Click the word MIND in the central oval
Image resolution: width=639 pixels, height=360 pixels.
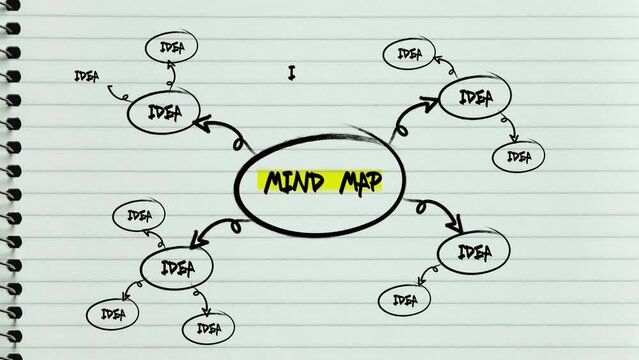click(295, 181)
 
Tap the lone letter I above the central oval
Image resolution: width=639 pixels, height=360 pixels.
click(292, 72)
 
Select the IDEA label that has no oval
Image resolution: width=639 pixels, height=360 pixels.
click(88, 76)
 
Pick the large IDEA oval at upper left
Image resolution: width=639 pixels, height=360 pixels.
click(165, 113)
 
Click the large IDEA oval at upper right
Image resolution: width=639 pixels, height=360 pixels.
click(474, 97)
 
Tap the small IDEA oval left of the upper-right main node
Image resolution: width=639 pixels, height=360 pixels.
click(409, 53)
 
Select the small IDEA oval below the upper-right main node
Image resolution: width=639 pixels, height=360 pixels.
click(518, 156)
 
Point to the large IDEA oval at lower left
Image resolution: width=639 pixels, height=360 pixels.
click(176, 266)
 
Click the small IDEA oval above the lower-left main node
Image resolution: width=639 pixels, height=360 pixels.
click(138, 214)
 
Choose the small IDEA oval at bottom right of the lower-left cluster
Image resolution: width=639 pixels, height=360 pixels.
click(208, 327)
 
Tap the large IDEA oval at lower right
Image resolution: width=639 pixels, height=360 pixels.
click(474, 252)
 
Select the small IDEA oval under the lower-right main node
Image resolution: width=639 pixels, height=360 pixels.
click(404, 299)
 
